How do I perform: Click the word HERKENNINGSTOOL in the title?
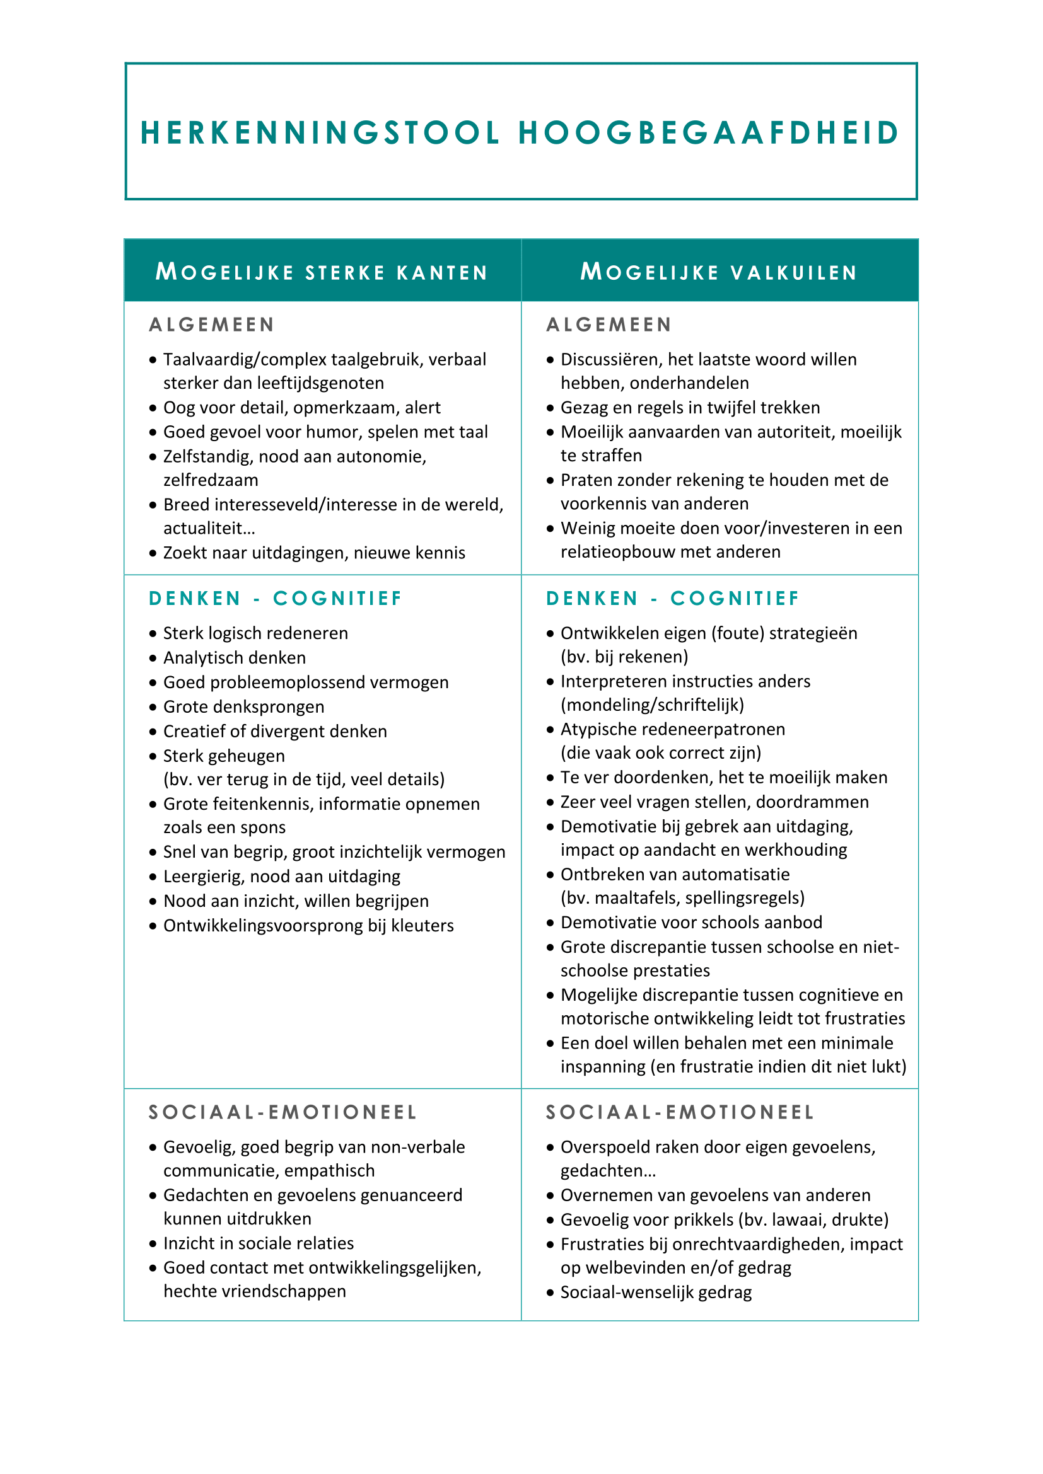[x=320, y=133]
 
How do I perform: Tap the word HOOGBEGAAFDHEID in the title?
[x=709, y=133]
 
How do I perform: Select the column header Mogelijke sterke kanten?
[x=322, y=272]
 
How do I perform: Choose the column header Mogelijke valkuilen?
[x=719, y=272]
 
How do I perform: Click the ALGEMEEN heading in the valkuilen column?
[x=609, y=325]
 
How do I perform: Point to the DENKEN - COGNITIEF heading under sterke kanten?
[x=275, y=598]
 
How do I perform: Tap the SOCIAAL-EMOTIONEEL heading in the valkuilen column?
[x=680, y=1112]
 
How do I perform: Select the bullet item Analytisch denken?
[x=235, y=657]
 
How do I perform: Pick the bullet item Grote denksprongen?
[x=243, y=706]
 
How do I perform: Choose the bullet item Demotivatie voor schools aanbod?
[x=691, y=922]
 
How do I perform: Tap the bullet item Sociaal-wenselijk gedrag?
[x=656, y=1292]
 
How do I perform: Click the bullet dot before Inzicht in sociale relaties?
[x=153, y=1243]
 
